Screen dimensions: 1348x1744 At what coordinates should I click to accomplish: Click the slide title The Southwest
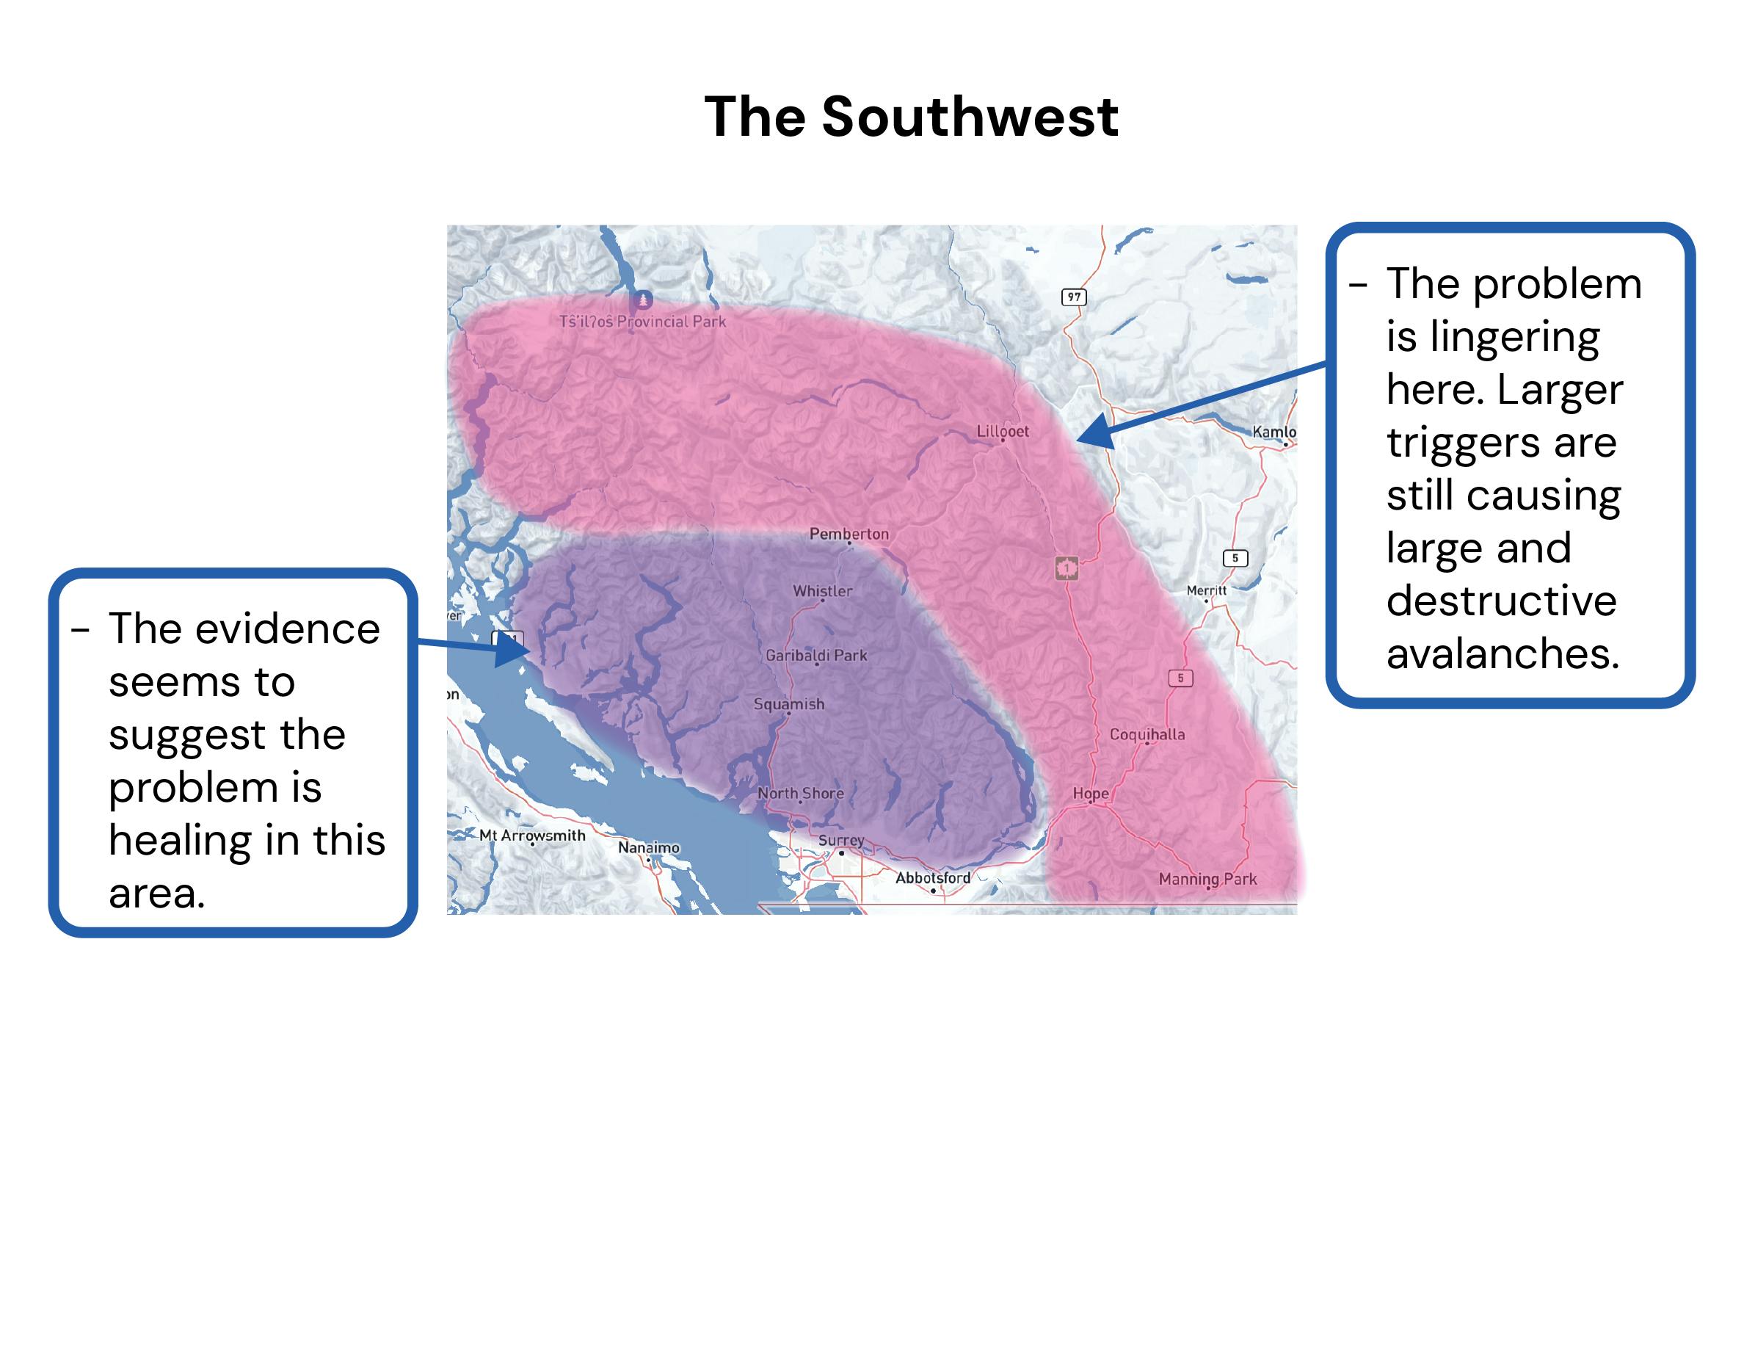(911, 117)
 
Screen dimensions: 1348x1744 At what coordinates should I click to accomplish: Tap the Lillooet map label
(1002, 431)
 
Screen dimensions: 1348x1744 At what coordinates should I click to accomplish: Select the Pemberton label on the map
(849, 534)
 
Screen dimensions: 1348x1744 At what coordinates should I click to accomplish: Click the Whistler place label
(823, 591)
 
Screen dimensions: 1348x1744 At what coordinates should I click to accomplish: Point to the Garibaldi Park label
(816, 656)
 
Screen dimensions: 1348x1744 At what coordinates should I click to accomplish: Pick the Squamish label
(789, 704)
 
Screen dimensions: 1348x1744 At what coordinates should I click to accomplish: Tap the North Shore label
(800, 793)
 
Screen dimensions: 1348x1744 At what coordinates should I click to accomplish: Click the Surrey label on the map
(841, 840)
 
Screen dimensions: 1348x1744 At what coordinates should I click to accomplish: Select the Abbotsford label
(933, 877)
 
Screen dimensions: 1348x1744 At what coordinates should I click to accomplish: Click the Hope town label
(1090, 793)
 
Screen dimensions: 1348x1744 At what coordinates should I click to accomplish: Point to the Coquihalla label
(1147, 734)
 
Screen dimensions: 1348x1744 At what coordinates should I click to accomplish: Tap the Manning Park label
(1207, 880)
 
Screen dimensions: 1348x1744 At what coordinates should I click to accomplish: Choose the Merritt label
(1206, 590)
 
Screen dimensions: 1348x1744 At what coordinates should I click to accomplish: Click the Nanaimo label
(648, 847)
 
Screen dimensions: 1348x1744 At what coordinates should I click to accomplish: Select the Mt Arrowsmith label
(532, 836)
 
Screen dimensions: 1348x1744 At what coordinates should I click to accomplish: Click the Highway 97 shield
(1074, 297)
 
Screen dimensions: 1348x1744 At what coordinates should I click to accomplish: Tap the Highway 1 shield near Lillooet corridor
(1067, 568)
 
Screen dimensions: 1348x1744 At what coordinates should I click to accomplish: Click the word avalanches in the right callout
(1502, 653)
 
